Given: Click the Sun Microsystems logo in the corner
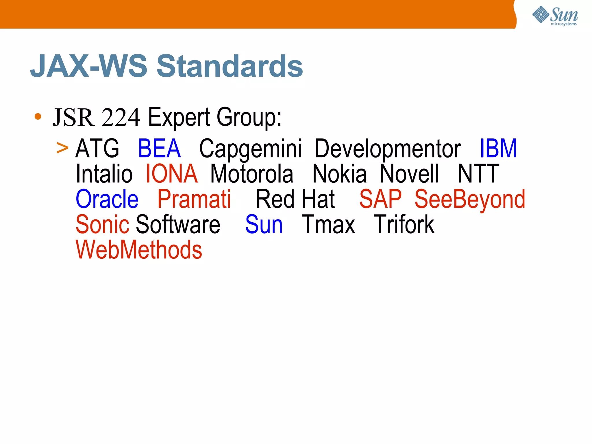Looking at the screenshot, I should click(555, 16).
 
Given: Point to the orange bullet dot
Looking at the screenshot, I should click(38, 117).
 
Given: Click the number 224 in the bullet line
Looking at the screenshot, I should click(121, 117).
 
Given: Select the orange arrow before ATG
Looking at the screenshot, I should click(62, 148).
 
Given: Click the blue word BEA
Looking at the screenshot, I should click(159, 148).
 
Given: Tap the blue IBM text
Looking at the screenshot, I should click(498, 148).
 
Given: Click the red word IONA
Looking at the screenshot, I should click(171, 174).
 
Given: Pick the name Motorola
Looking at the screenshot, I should click(251, 174).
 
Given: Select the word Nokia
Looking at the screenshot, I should click(339, 174).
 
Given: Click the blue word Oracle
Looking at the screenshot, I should click(107, 199).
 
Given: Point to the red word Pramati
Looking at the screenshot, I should click(194, 199).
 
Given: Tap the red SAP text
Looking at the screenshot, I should click(380, 199).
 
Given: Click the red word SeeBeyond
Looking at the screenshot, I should click(470, 200).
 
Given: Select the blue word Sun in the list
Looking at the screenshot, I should click(264, 225).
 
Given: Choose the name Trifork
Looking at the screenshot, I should click(404, 225).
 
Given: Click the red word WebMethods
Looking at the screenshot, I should click(139, 250).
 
